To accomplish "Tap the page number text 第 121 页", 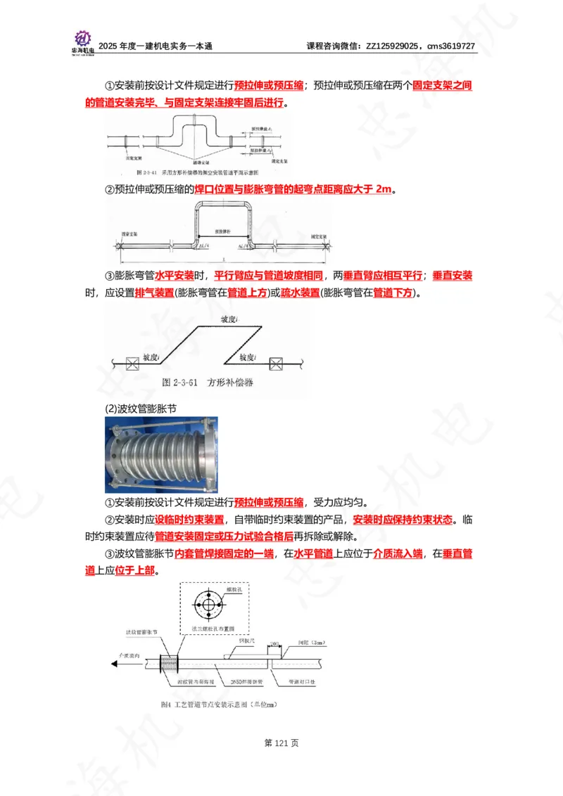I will tap(281, 743).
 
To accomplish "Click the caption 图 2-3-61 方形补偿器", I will tap(207, 383).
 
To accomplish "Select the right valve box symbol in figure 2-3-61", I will tap(277, 364).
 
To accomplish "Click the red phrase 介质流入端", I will tap(398, 554).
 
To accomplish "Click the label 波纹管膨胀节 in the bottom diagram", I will tap(142, 633).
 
